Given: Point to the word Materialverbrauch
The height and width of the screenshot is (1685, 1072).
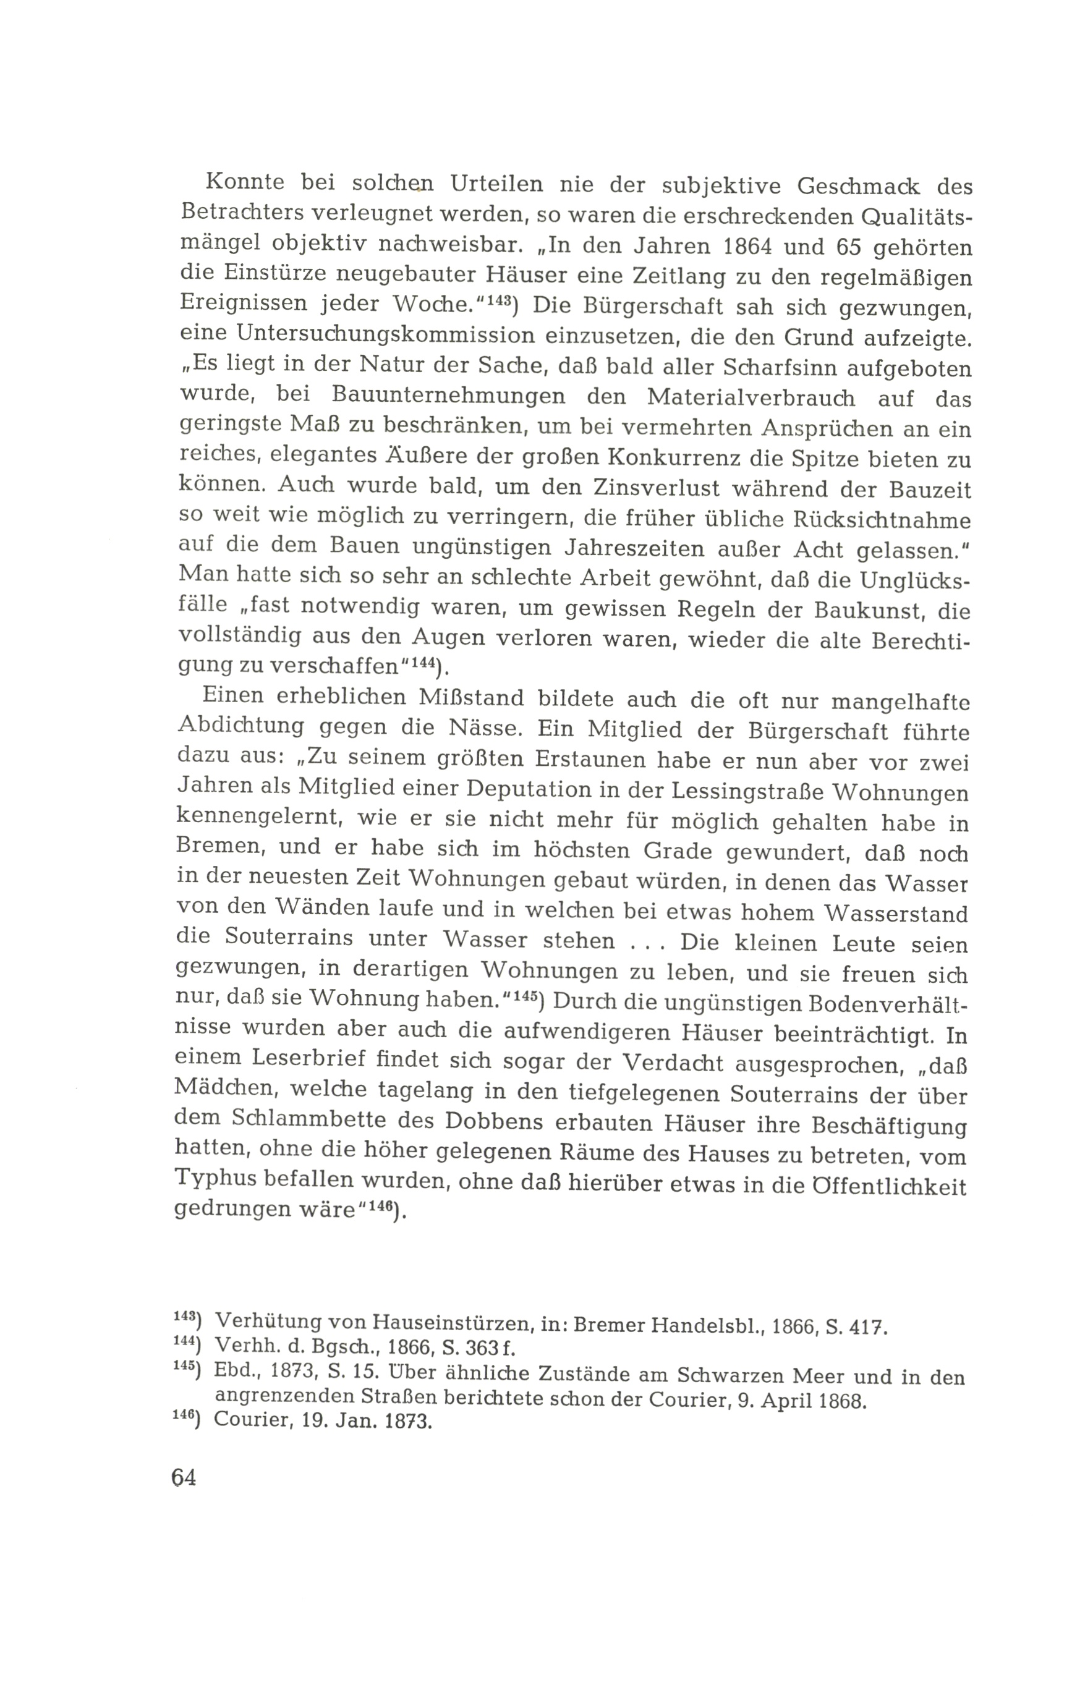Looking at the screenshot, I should (750, 397).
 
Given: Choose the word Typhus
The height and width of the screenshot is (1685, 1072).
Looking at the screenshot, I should (221, 1186).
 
